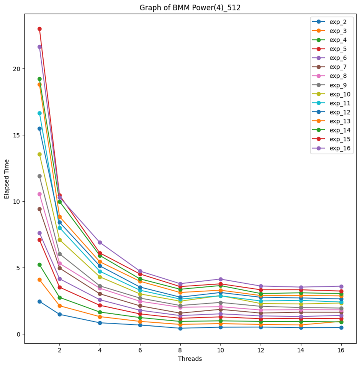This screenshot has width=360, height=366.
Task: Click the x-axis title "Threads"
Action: [x=190, y=359]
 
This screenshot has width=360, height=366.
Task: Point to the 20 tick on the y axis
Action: [x=17, y=69]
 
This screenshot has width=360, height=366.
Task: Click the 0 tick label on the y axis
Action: [x=18, y=334]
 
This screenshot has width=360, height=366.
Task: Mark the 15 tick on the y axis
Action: [x=17, y=135]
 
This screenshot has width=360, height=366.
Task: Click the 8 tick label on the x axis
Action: [x=180, y=350]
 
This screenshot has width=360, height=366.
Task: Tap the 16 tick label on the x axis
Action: [x=341, y=350]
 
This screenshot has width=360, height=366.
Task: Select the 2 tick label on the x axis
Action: [x=59, y=350]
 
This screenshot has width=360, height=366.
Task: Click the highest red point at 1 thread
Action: [x=39, y=29]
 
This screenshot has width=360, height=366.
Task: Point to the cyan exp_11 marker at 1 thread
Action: [x=39, y=113]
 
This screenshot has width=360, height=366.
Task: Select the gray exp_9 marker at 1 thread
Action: [x=39, y=176]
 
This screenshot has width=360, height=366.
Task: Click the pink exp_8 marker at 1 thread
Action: [x=39, y=194]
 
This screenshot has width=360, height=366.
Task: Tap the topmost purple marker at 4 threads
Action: [x=100, y=242]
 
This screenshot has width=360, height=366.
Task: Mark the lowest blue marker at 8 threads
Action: [x=180, y=328]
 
